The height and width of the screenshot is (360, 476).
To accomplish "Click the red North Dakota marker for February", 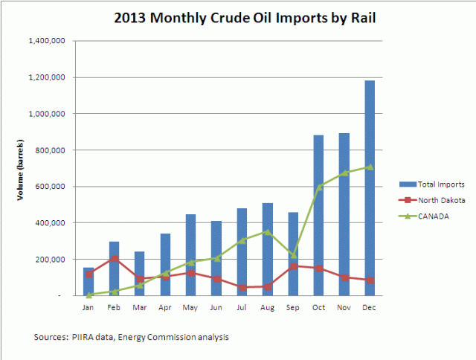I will pyautogui.click(x=114, y=259).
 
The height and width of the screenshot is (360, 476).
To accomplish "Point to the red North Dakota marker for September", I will pyautogui.click(x=293, y=266).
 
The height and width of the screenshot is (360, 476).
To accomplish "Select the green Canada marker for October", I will pyautogui.click(x=318, y=187).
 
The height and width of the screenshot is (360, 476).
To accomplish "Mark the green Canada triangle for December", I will pyautogui.click(x=370, y=167).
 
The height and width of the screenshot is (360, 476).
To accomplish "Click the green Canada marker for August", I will pyautogui.click(x=268, y=232).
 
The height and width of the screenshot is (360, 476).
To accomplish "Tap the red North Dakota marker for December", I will pyautogui.click(x=370, y=280).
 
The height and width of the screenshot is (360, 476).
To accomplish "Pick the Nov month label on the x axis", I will pyautogui.click(x=344, y=306).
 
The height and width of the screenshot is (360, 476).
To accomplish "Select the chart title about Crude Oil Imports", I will pyautogui.click(x=237, y=16).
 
